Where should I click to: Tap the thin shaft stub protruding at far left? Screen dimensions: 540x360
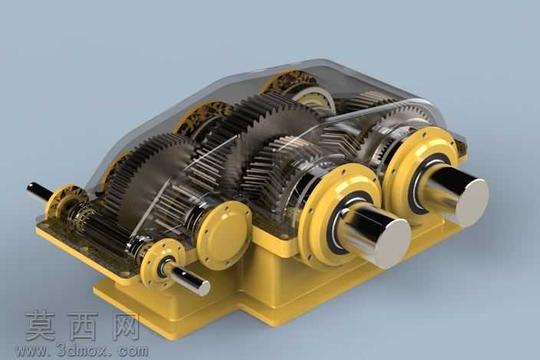38,192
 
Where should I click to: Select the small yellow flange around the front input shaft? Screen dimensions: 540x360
163,263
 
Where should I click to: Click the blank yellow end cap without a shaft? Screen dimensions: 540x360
223,235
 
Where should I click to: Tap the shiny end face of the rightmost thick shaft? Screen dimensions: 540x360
471,202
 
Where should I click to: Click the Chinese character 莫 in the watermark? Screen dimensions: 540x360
40,325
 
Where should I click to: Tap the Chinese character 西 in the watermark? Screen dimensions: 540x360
83,325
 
